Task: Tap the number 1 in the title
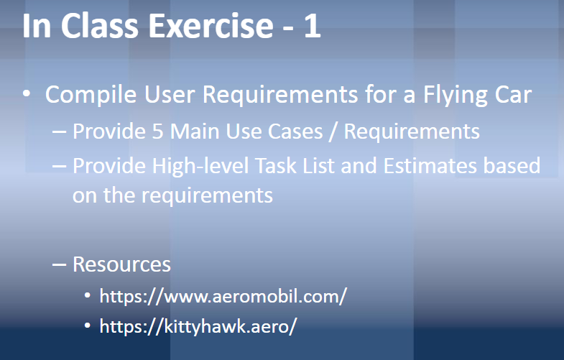click(x=311, y=27)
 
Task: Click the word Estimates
click(x=427, y=167)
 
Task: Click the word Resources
click(x=121, y=264)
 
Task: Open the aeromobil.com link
click(x=223, y=296)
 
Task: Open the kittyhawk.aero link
click(x=198, y=326)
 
